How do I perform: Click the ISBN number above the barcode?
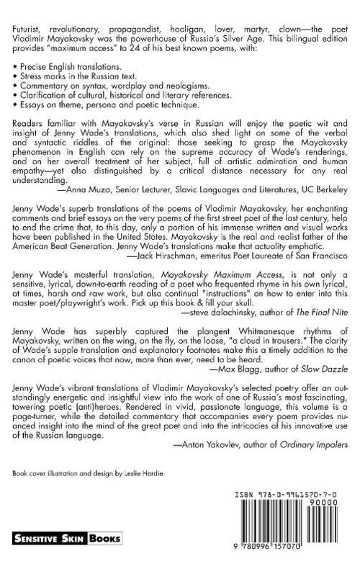coord(289,516)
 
